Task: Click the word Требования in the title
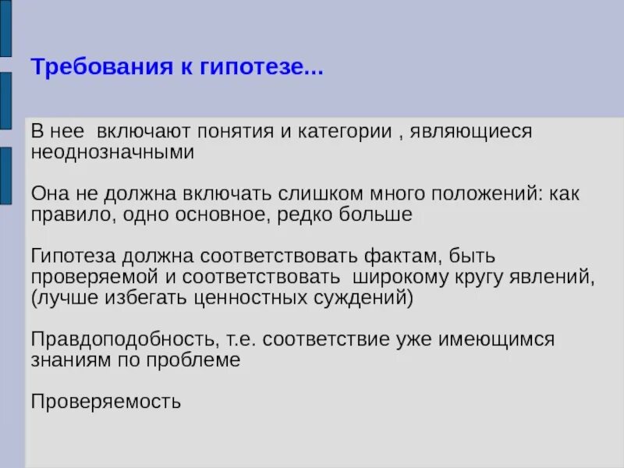[87, 68]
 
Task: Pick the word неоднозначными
[112, 152]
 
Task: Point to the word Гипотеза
[75, 256]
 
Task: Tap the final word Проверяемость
[106, 402]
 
